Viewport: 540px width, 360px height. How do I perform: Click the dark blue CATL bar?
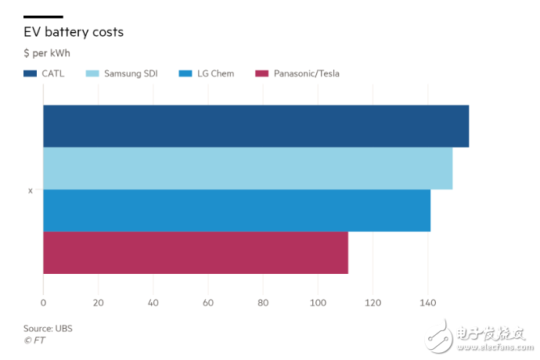(256, 126)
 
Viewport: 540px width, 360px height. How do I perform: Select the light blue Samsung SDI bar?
(247, 168)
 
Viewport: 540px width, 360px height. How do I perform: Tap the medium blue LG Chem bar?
(236, 211)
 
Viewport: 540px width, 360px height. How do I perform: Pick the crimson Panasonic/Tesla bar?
(196, 253)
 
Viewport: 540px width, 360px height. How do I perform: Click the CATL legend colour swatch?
(31, 74)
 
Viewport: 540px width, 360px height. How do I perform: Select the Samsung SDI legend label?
(130, 74)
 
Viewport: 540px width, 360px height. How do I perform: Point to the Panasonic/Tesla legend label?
(306, 74)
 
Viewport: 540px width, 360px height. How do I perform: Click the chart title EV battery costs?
(74, 32)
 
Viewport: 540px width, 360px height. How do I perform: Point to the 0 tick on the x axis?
(43, 303)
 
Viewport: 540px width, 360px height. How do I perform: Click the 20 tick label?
(98, 303)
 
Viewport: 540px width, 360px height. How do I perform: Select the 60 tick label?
(208, 303)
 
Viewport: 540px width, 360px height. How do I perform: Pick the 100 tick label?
(318, 303)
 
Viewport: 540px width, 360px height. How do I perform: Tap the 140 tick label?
(427, 303)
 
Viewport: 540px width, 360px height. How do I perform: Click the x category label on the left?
(31, 190)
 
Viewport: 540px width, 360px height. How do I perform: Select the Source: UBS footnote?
(48, 329)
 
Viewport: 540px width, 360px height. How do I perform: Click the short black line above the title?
(43, 16)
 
